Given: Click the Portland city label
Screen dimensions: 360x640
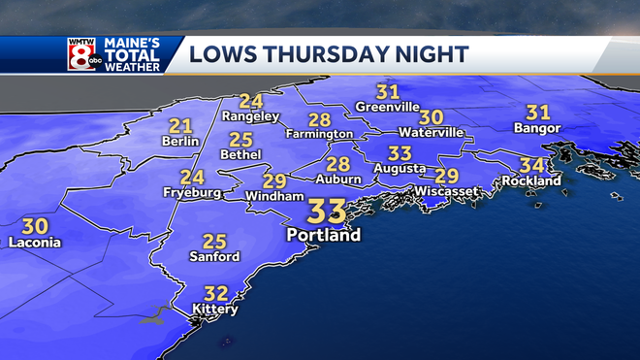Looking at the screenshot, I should (x=323, y=235).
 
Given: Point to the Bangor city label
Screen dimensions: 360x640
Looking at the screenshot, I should (x=538, y=128).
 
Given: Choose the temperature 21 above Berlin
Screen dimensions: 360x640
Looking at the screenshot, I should (x=180, y=125).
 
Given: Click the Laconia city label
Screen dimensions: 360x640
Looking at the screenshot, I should (x=35, y=242).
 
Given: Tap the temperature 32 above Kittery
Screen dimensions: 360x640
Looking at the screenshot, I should (x=216, y=291).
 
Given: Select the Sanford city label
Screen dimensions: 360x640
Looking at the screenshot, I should (x=214, y=257).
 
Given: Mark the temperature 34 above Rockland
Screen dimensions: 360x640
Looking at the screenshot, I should (x=530, y=165).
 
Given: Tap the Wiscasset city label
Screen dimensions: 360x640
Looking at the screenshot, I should (x=446, y=191).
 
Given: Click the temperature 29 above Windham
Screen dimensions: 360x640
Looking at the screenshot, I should (x=275, y=180).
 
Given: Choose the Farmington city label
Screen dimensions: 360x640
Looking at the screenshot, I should (x=319, y=134).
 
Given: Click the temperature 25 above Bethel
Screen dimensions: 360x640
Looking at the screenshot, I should (x=241, y=139).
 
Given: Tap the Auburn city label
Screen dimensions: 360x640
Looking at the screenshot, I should (x=337, y=180).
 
